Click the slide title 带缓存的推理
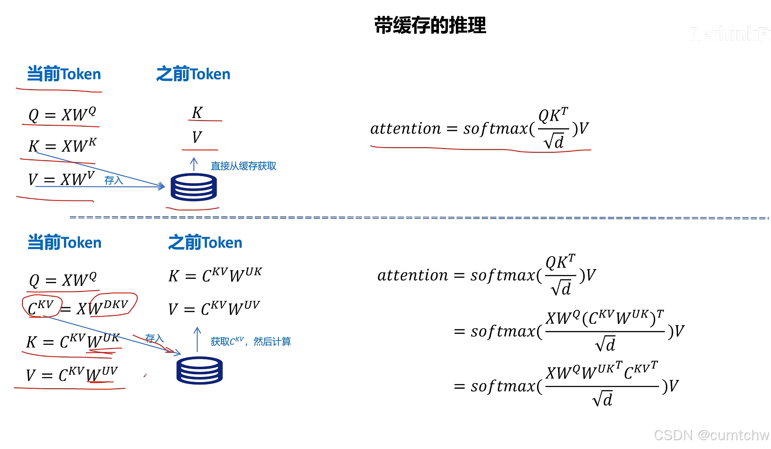(x=430, y=25)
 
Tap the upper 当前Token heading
(x=64, y=74)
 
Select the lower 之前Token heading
(x=205, y=243)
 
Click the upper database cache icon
(x=193, y=187)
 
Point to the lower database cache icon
(x=199, y=371)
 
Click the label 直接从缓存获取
(x=243, y=166)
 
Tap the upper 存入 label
(x=113, y=180)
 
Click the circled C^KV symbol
(x=41, y=306)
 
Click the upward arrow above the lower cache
(x=197, y=339)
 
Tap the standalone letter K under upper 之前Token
(x=197, y=113)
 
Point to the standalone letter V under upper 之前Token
(x=197, y=137)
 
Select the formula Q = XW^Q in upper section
(x=62, y=114)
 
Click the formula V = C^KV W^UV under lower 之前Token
(x=214, y=308)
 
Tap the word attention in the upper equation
(x=405, y=128)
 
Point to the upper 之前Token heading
(x=193, y=74)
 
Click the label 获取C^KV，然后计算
(x=251, y=342)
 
